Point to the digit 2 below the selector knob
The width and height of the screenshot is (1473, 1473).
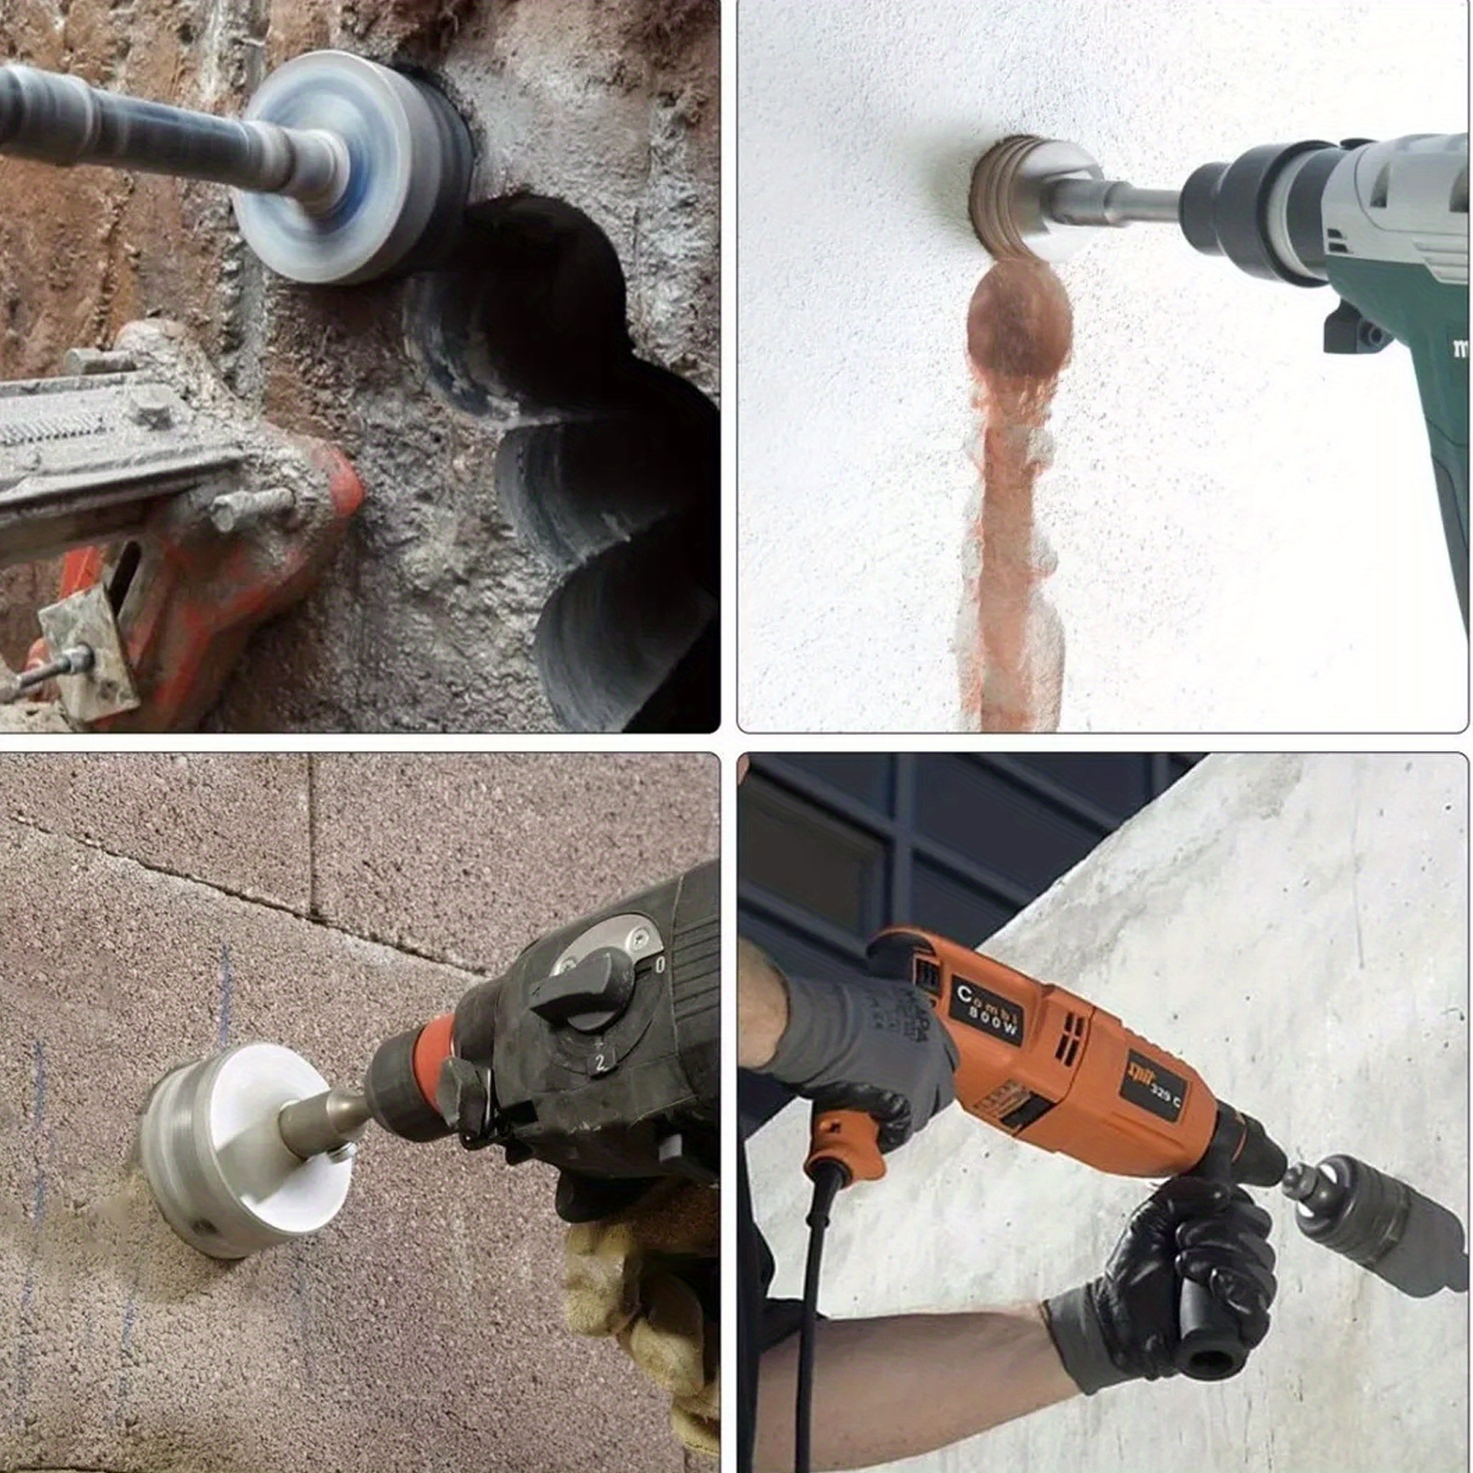point(599,1064)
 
